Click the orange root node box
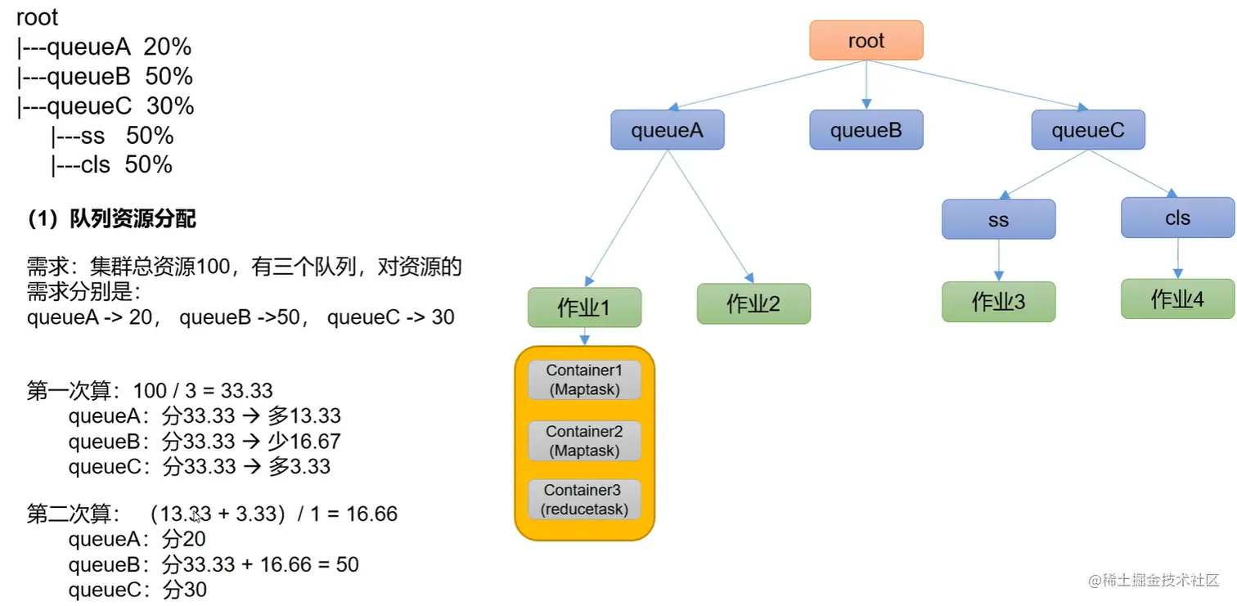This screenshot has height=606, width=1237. (866, 41)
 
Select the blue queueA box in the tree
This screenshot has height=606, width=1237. (668, 130)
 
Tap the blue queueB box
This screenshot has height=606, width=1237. (866, 130)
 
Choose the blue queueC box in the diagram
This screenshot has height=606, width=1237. (1088, 130)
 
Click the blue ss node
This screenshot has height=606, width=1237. (998, 219)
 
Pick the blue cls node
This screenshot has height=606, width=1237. (1177, 218)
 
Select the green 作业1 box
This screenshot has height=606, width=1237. (584, 307)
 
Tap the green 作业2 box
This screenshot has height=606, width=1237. (753, 304)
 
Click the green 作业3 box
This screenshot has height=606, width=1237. (998, 302)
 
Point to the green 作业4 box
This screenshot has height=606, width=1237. (1177, 299)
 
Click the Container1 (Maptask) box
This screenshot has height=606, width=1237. (584, 380)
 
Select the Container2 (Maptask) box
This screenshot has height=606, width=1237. (584, 441)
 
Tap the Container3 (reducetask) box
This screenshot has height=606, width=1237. (584, 500)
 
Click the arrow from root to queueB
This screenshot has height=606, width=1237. (866, 85)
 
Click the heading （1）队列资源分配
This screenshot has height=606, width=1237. (112, 219)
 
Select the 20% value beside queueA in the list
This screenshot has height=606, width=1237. (167, 47)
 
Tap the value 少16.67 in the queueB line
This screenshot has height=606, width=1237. (304, 442)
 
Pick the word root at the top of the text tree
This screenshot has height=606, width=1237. (38, 18)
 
